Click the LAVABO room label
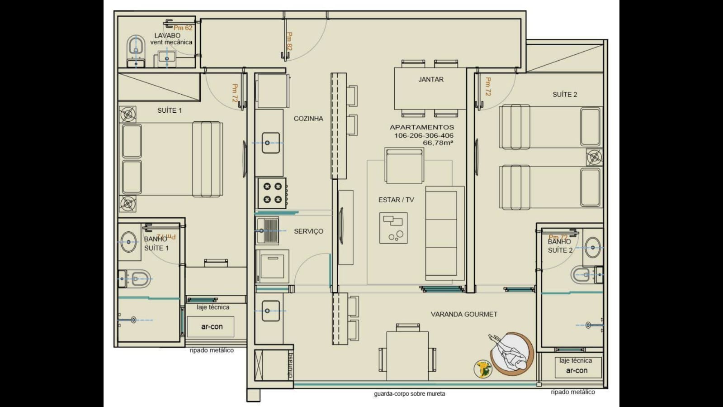[167, 35]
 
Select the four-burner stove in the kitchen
[272, 193]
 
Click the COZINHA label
[308, 119]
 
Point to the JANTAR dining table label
[430, 79]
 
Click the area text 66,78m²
[438, 143]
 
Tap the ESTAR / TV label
[396, 200]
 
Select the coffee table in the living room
[393, 228]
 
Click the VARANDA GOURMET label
[464, 314]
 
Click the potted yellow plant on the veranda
[483, 369]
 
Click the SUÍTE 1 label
[169, 110]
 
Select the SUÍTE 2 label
[565, 95]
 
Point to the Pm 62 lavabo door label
[183, 28]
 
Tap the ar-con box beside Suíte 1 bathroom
[212, 326]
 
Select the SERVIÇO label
[308, 231]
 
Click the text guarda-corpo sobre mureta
[409, 394]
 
